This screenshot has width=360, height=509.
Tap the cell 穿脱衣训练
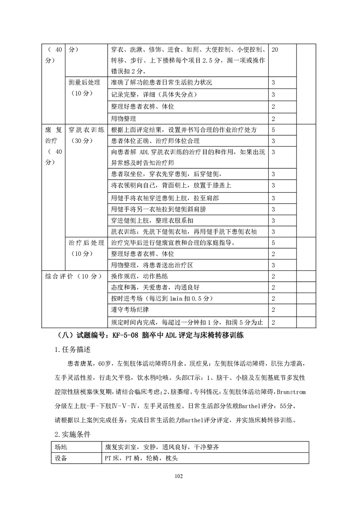pyautogui.click(x=86, y=130)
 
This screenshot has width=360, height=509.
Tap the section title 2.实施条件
pyautogui.click(x=72, y=434)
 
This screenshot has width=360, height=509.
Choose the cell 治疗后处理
pyautogui.click(x=86, y=243)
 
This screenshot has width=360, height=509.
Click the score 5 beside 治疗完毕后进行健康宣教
pyautogui.click(x=273, y=243)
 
